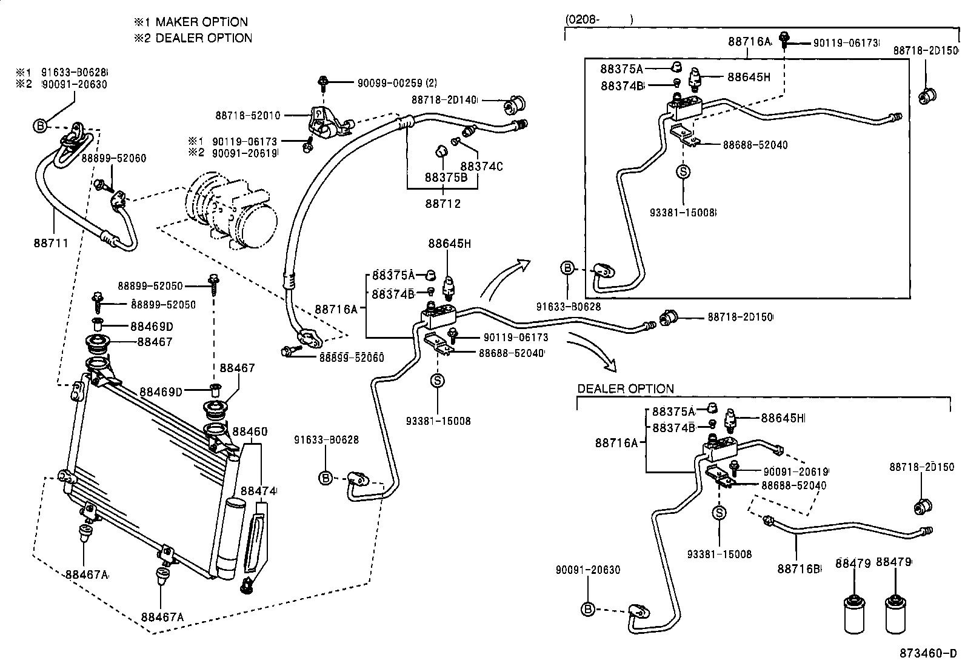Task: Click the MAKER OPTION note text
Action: (191, 22)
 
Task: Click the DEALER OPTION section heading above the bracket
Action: (625, 389)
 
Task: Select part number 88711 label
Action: (50, 243)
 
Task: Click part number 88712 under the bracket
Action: (442, 204)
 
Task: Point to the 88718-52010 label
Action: (247, 115)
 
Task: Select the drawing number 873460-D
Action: (928, 653)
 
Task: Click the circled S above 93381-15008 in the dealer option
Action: (719, 513)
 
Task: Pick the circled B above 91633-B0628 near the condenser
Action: (326, 478)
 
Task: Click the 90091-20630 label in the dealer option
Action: (588, 570)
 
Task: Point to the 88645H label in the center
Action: (449, 244)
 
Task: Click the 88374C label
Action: (481, 166)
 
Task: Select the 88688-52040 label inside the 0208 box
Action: (755, 145)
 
